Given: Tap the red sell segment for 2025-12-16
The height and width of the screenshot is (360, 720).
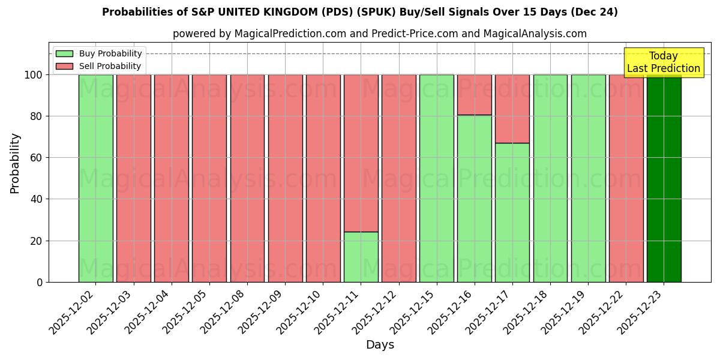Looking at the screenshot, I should point(475,94).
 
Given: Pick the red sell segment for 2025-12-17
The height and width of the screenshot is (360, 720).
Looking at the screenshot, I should point(512,109).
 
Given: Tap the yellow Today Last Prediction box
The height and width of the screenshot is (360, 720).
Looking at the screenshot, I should point(663,62).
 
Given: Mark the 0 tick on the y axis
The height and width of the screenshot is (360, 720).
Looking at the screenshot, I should point(39,282).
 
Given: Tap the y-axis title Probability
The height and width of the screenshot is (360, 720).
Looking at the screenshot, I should point(15,163).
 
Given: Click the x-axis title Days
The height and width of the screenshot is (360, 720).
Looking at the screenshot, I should point(380,345).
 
